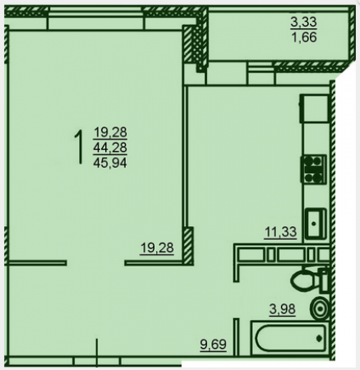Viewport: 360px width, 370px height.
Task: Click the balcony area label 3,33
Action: click(303, 22)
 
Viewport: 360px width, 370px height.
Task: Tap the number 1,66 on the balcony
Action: click(304, 37)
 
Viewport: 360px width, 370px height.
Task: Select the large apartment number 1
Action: click(79, 147)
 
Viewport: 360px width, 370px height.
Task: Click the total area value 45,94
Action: click(110, 164)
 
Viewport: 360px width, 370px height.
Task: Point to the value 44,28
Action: click(110, 148)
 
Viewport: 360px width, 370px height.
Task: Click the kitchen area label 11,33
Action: click(280, 233)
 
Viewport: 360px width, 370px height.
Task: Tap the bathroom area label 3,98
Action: click(283, 309)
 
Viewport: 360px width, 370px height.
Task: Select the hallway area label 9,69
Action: click(214, 345)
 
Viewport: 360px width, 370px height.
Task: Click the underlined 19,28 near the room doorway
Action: click(157, 248)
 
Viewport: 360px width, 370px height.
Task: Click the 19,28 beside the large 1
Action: click(110, 132)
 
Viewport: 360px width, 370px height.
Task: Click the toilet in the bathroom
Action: click(310, 280)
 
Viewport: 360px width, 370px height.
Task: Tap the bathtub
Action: click(289, 338)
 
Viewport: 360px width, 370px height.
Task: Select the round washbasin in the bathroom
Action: click(320, 308)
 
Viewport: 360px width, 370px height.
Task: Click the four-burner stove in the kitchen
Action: click(314, 169)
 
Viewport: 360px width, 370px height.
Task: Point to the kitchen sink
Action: click(316, 224)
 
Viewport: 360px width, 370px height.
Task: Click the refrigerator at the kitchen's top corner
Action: click(314, 109)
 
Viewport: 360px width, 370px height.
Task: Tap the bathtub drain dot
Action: click(319, 338)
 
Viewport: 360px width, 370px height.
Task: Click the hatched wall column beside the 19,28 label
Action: click(188, 246)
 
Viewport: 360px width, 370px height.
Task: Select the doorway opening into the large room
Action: click(95, 263)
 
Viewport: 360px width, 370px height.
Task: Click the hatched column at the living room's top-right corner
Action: click(188, 44)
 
